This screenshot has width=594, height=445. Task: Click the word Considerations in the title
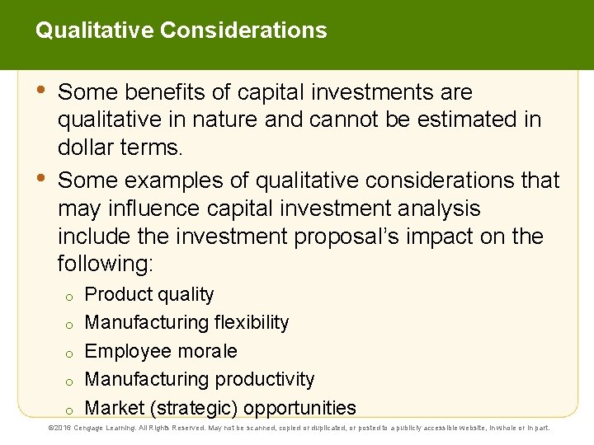pos(243,30)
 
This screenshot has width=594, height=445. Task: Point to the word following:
pos(106,265)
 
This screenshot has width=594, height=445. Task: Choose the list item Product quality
pos(149,295)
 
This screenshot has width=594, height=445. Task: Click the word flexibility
pos(252,323)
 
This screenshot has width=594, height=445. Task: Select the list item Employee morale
pos(161,351)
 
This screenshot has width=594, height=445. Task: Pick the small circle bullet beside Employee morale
pos(71,353)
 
